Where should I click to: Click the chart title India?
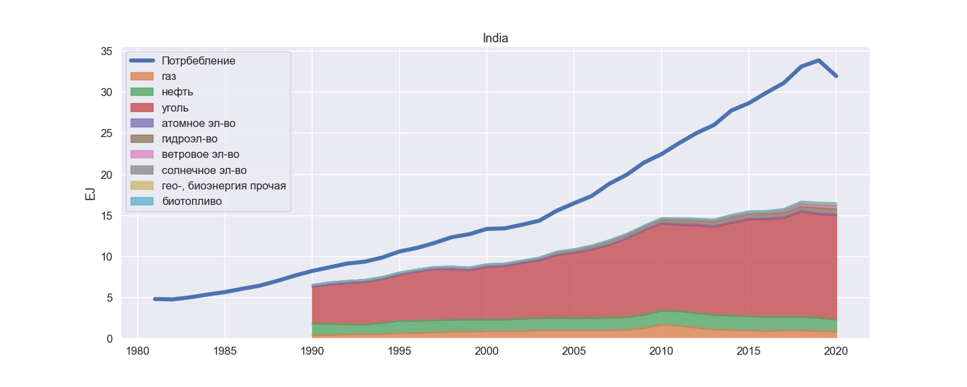[x=496, y=38]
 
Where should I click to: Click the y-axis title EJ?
[x=89, y=193]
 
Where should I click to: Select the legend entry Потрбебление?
[x=199, y=60]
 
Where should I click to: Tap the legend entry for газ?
[x=169, y=76]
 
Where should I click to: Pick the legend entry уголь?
[x=175, y=107]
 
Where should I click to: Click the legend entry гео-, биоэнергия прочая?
[x=224, y=185]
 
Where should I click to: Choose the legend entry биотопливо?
[x=192, y=201]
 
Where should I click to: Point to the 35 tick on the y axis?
[x=106, y=52]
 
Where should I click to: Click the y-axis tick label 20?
[x=106, y=175]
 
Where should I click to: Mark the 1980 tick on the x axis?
[x=138, y=351]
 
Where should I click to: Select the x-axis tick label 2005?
[x=574, y=351]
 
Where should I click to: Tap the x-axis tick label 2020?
[x=836, y=351]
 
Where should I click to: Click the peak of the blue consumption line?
[x=819, y=60]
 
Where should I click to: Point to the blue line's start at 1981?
[x=155, y=299]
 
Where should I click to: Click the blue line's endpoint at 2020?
[x=836, y=76]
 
